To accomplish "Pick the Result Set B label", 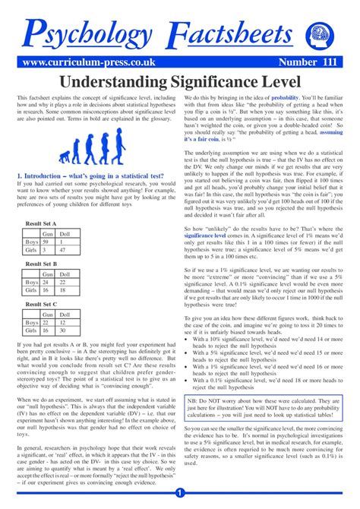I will click(43, 264).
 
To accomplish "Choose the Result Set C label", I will click(43, 303).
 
